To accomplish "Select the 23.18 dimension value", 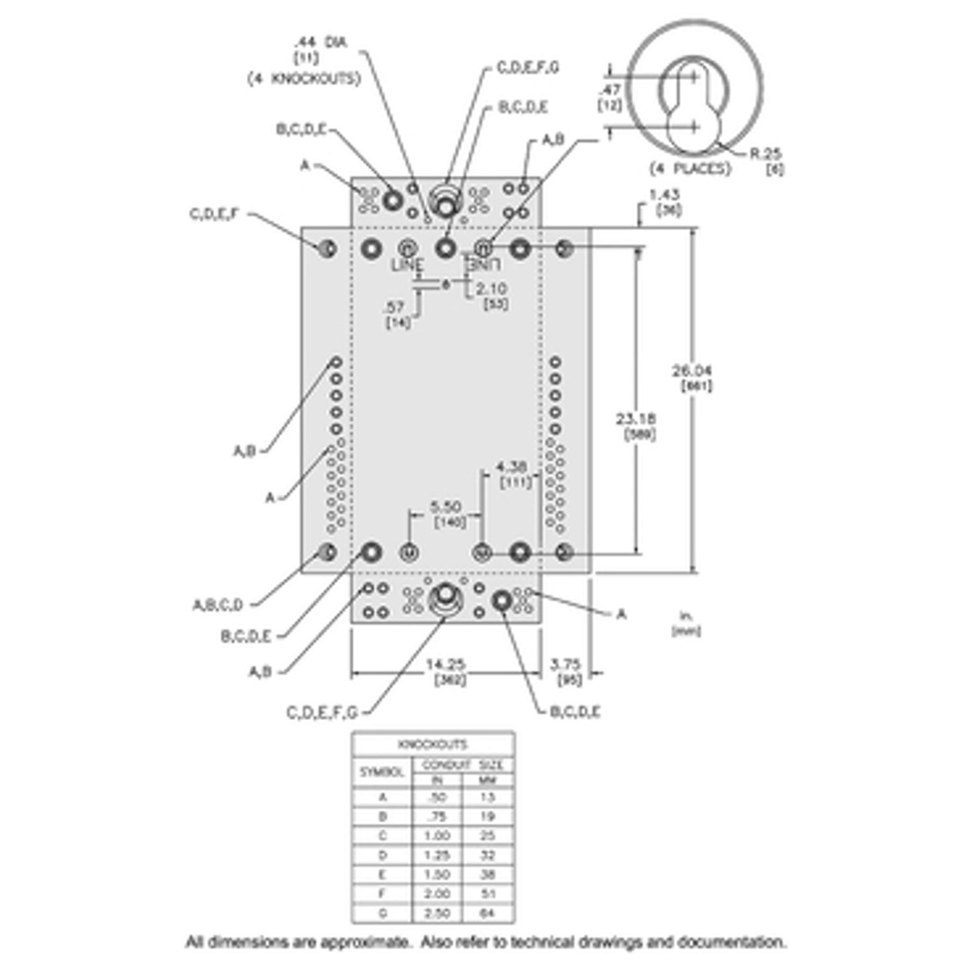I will click(636, 420).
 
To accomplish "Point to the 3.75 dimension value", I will click(565, 665).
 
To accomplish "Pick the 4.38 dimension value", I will click(512, 467).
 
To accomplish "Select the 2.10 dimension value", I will click(492, 288).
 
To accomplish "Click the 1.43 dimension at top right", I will click(665, 195).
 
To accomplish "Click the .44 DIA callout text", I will click(319, 42).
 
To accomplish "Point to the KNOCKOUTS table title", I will click(433, 744).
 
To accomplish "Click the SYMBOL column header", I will click(382, 772).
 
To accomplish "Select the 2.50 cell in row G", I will click(437, 913).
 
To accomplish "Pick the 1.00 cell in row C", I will click(437, 835).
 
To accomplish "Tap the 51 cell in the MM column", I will click(486, 893).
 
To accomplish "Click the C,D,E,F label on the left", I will click(215, 215).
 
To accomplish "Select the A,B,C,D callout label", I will click(217, 604).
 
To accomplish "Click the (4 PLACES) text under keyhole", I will click(690, 169).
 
